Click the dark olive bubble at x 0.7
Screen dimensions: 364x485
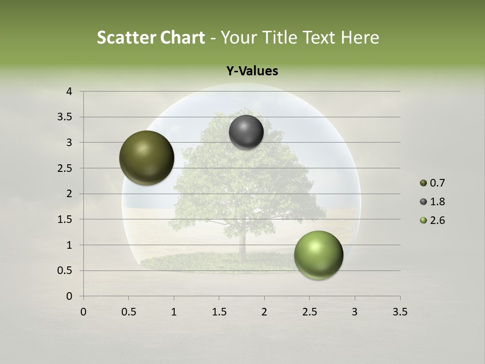[x=147, y=158]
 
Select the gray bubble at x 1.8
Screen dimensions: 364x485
[x=246, y=132]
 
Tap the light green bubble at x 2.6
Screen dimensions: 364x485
[x=318, y=255]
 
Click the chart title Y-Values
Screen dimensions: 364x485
[x=252, y=71]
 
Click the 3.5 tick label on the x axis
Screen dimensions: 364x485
[x=400, y=312]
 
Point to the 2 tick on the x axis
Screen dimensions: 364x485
[x=264, y=312]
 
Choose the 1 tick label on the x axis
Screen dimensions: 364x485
[x=174, y=312]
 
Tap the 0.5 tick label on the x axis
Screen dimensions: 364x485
[x=128, y=312]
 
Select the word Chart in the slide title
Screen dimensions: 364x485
[x=182, y=37]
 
